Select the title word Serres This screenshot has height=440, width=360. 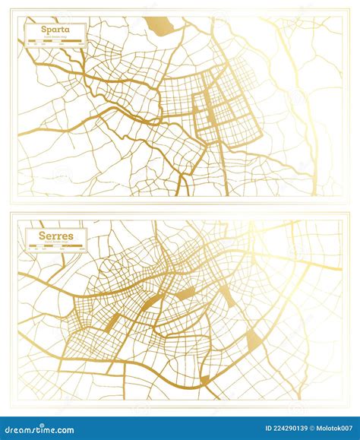pyautogui.click(x=55, y=236)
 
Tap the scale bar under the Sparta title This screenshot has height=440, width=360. pyautogui.click(x=53, y=43)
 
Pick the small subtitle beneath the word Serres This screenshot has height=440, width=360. pyautogui.click(x=55, y=242)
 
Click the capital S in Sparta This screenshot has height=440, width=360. pyautogui.click(x=33, y=30)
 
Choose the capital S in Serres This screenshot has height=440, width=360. pyautogui.click(x=43, y=236)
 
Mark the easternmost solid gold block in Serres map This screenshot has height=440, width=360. pyautogui.click(x=254, y=341)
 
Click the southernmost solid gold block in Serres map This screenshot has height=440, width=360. pyautogui.click(x=204, y=379)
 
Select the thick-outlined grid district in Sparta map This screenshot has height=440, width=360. pyautogui.click(x=228, y=114)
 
